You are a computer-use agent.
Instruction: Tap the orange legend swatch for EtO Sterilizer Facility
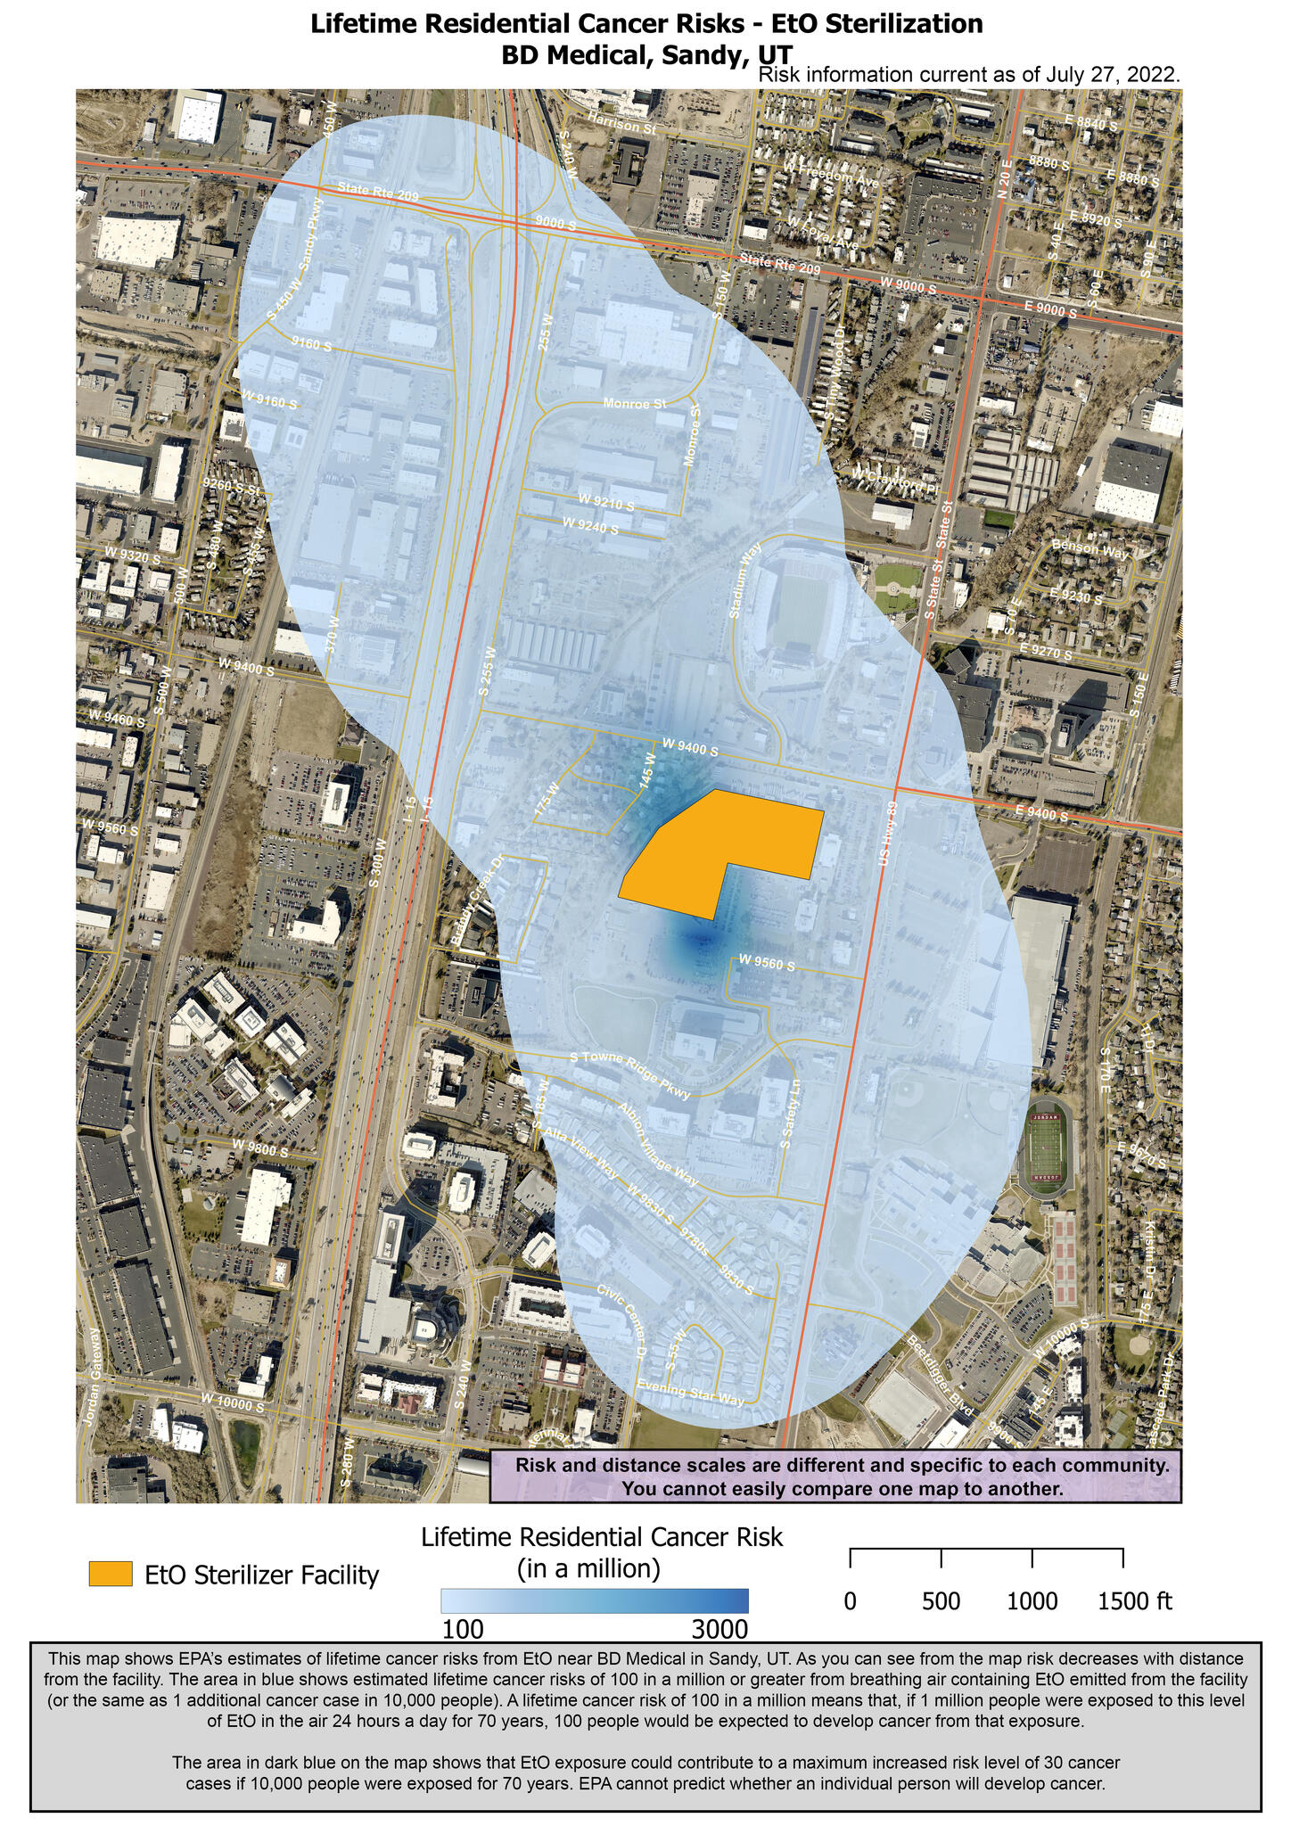point(111,1574)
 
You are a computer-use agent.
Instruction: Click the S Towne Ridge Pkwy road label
point(630,1076)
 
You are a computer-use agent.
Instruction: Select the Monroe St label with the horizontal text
point(635,404)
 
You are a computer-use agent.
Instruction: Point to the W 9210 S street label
point(606,501)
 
